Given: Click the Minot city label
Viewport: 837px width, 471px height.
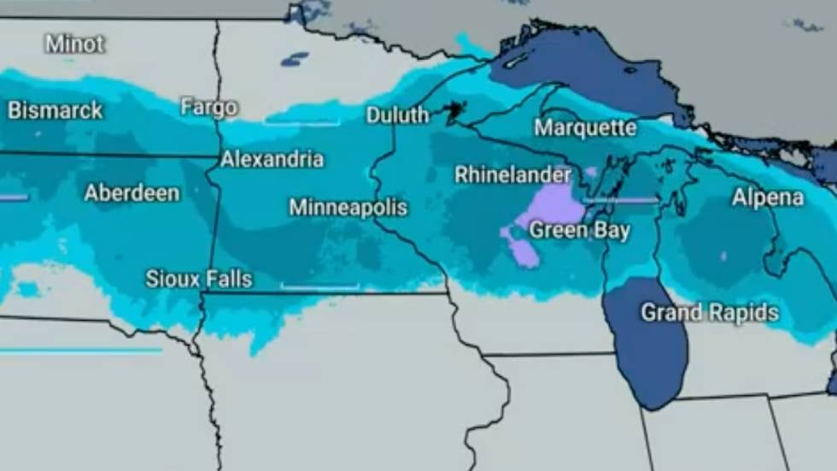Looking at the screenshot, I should pos(75,44).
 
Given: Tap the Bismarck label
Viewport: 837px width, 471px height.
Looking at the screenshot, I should pos(56,110).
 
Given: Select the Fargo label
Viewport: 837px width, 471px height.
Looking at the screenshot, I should pos(209,108).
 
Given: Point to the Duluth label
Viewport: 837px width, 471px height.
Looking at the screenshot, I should pos(397,115).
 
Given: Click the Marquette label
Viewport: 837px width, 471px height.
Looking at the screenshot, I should pos(585,128).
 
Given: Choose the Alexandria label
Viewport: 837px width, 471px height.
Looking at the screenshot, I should pos(272,159).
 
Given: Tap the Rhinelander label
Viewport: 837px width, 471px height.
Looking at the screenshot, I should pos(512,175).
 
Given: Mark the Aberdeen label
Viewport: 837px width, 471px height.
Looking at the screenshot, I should pos(132,193).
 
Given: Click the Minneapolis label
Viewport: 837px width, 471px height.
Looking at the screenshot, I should pos(348,208).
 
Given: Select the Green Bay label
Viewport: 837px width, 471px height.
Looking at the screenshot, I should pos(579,230).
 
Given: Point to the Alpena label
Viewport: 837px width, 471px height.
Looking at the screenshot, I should pos(768,198).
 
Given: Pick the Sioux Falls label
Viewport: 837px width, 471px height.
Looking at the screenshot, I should pos(199,279).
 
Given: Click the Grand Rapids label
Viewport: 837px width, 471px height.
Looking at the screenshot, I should pos(710,313).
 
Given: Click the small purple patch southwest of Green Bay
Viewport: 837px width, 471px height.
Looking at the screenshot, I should pos(522,251).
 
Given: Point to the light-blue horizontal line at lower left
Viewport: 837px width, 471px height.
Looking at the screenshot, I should pos(81,350).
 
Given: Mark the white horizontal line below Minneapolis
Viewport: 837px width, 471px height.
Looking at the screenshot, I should pos(319,287).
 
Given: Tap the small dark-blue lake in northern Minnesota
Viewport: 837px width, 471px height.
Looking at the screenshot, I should pos(295,59).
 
